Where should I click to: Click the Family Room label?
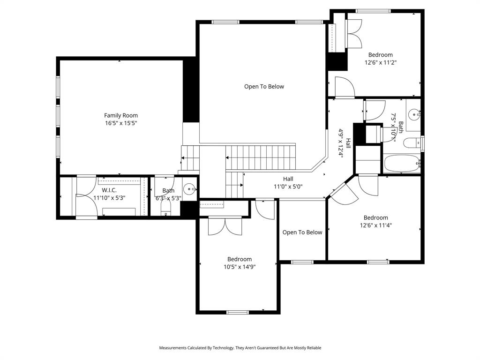pyautogui.click(x=120, y=115)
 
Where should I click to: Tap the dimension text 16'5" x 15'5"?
pyautogui.click(x=120, y=123)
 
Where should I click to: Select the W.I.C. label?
pyautogui.click(x=109, y=190)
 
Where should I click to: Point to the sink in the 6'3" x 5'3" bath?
pyautogui.click(x=190, y=189)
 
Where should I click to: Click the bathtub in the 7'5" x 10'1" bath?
pyautogui.click(x=402, y=164)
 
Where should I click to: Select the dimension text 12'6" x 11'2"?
pyautogui.click(x=380, y=62)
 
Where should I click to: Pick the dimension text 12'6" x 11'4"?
pyautogui.click(x=375, y=225)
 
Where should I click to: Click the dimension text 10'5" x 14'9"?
pyautogui.click(x=240, y=267)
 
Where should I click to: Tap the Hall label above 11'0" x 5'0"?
pyautogui.click(x=288, y=179)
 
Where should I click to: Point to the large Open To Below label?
pyautogui.click(x=264, y=86)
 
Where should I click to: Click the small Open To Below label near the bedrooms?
pyautogui.click(x=302, y=232)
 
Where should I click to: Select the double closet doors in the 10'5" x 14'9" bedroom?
pyautogui.click(x=225, y=226)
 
